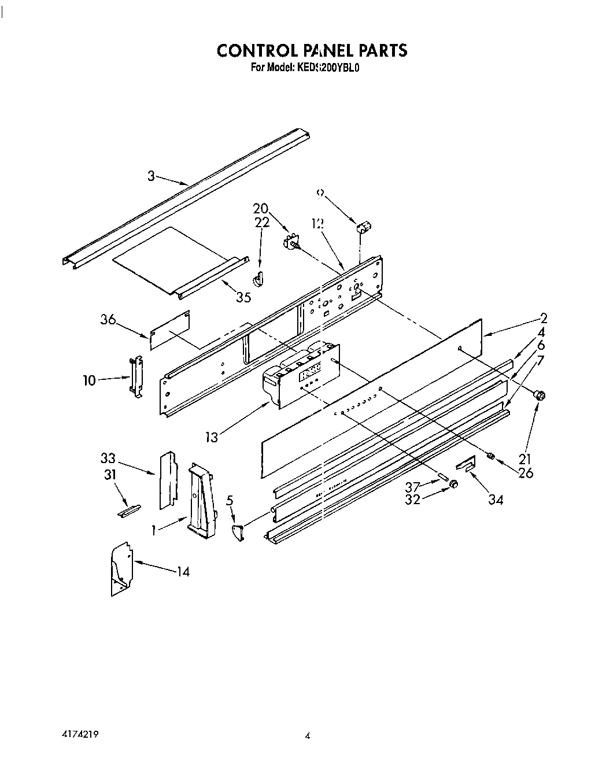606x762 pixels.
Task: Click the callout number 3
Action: tap(151, 176)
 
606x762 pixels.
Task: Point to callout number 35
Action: tap(243, 298)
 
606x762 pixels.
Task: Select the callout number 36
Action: tap(108, 319)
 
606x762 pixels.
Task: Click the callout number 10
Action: tap(89, 380)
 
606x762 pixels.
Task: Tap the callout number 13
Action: tap(212, 437)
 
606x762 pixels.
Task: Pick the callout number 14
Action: tap(183, 571)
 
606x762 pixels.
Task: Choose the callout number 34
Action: tap(496, 500)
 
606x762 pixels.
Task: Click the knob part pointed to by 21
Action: tap(540, 395)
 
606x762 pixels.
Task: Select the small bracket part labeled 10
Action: tap(136, 376)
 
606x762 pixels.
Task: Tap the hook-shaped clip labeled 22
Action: tap(258, 278)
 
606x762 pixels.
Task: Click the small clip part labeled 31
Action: tap(128, 511)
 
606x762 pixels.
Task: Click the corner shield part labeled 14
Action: tap(121, 568)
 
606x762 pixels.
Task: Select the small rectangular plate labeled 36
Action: tap(171, 330)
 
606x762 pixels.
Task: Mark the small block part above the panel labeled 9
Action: tap(364, 227)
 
